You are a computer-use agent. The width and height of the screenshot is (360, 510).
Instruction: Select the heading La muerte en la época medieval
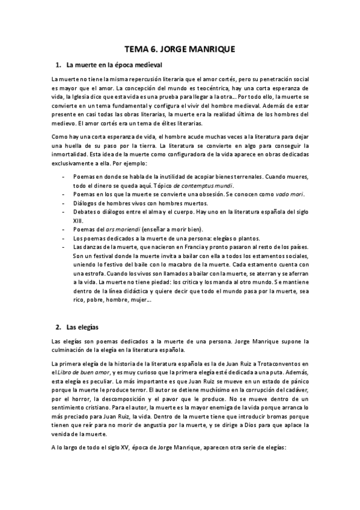click(x=113, y=64)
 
